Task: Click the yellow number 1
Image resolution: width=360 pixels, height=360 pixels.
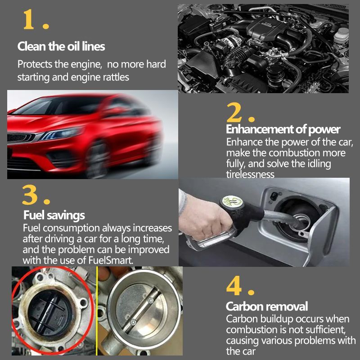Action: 28,19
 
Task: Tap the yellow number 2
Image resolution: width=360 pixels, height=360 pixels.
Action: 234,112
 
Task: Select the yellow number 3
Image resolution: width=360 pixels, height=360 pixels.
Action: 30,195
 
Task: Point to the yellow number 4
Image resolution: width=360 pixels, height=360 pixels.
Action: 234,285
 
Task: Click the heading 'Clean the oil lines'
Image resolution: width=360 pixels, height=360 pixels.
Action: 61,46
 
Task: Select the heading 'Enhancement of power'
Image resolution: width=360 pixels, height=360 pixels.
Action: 283,129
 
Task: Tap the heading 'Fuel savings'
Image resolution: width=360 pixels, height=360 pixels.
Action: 54,216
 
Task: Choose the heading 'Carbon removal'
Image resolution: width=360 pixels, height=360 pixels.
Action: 266,306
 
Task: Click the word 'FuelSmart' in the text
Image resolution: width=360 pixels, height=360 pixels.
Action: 110,261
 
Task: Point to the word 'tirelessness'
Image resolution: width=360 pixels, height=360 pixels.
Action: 250,174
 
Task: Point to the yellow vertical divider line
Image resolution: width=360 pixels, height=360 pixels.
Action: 97,311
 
